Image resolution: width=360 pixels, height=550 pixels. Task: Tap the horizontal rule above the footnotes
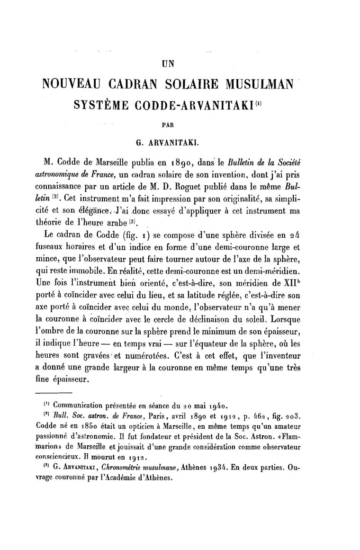(54, 393)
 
